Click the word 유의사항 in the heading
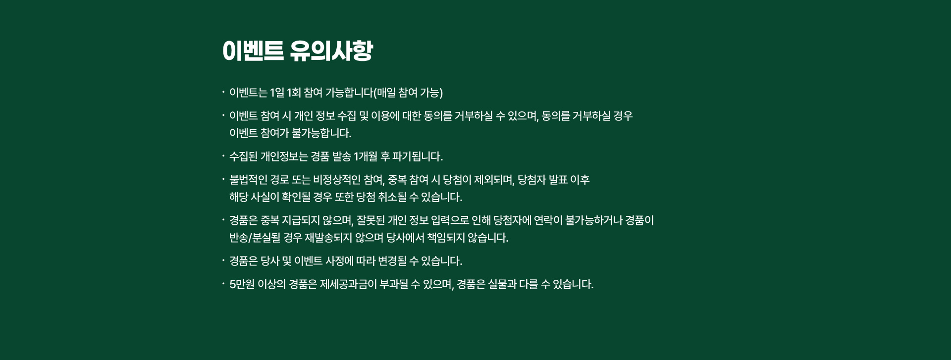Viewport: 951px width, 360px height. tap(331, 51)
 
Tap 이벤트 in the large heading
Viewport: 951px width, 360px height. tap(253, 51)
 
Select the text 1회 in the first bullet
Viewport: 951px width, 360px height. tap(294, 93)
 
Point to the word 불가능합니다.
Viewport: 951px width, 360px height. tap(321, 133)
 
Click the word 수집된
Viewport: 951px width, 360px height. tap(243, 156)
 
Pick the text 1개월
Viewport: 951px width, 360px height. tap(366, 156)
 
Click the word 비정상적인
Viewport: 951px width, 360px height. tap(337, 180)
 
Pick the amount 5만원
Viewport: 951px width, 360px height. tap(242, 284)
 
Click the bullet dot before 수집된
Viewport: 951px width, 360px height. tap(223, 156)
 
